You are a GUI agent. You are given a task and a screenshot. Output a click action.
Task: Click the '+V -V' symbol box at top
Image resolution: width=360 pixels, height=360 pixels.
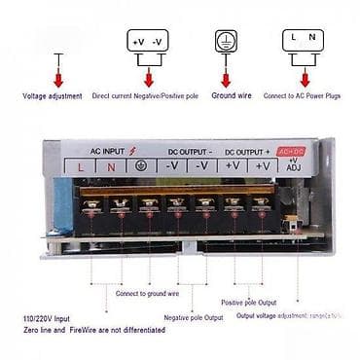click(x=148, y=41)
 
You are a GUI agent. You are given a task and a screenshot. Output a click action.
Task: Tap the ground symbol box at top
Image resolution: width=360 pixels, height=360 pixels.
click(x=225, y=41)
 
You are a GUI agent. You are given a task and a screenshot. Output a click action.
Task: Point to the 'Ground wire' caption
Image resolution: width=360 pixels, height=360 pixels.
click(x=232, y=95)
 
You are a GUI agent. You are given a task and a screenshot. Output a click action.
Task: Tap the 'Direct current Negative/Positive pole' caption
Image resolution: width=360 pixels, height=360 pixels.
click(x=144, y=95)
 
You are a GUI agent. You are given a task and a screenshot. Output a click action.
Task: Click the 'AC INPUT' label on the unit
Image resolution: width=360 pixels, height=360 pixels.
click(x=108, y=150)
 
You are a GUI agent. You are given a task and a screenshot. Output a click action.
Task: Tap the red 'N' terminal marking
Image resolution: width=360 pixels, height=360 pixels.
click(x=112, y=166)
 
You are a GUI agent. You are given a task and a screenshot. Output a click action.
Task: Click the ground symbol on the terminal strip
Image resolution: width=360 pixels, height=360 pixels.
click(x=142, y=166)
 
